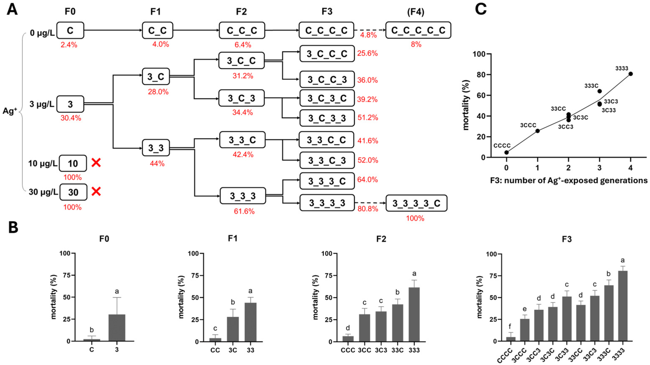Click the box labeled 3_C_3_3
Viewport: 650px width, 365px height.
click(327, 118)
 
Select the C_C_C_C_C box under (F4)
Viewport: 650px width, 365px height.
click(418, 30)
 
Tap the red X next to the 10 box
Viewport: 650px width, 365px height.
click(96, 163)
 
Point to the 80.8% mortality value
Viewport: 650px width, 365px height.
click(368, 209)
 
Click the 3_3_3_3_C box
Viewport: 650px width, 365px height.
click(416, 203)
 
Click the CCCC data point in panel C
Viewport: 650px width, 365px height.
click(506, 152)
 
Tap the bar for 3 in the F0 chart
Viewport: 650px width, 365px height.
click(117, 328)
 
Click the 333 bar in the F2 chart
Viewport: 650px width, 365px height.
click(414, 314)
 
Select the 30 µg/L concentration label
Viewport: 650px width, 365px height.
click(43, 192)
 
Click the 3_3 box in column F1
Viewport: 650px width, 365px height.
click(156, 148)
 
